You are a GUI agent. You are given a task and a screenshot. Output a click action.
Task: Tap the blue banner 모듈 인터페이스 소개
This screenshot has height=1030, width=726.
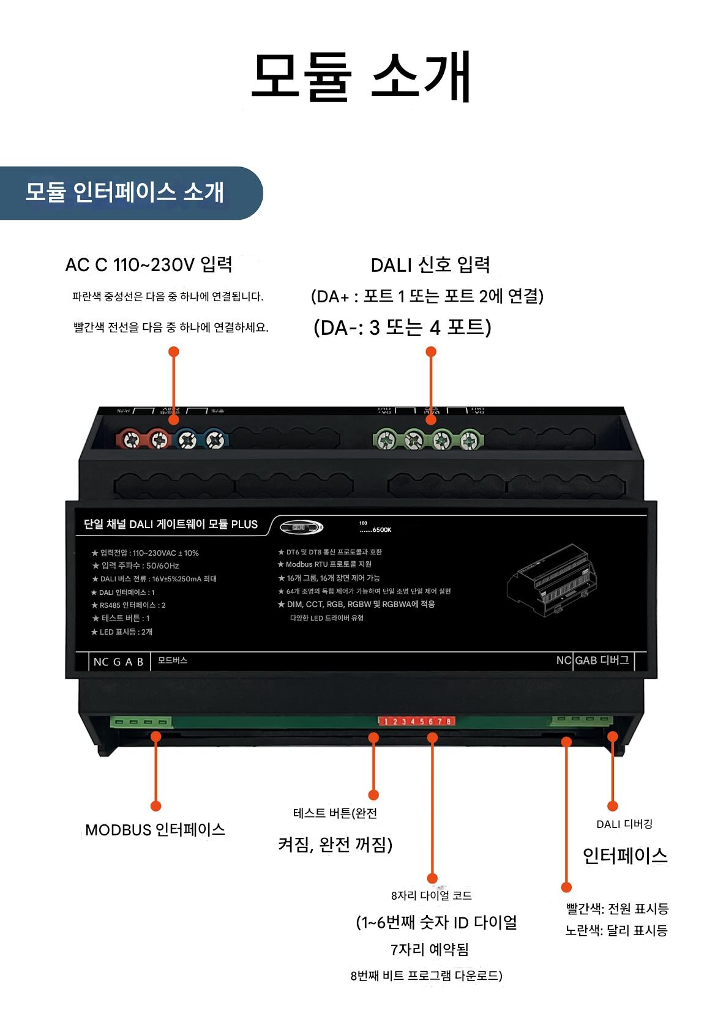125,192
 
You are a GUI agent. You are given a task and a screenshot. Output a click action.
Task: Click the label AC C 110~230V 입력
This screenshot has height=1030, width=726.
149,264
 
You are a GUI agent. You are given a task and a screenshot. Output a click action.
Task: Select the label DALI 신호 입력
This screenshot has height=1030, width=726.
430,264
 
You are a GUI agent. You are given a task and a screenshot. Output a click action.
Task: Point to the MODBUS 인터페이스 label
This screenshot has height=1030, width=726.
155,830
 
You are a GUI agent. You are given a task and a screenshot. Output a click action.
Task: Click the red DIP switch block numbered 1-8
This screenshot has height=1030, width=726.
417,722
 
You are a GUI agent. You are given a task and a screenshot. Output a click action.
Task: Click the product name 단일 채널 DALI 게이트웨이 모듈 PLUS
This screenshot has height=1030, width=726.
171,524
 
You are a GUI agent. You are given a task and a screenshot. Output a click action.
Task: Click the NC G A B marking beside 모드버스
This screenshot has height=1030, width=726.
118,662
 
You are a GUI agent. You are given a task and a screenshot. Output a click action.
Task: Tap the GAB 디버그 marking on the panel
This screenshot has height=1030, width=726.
602,661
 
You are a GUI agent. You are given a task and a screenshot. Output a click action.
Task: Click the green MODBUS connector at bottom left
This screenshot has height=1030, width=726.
140,723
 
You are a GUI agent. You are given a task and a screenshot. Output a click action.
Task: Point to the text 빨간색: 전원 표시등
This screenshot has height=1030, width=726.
616,909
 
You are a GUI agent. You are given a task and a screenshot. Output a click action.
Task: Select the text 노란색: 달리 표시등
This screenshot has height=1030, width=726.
616,931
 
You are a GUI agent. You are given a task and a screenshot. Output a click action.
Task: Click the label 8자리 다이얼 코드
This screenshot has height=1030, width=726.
432,895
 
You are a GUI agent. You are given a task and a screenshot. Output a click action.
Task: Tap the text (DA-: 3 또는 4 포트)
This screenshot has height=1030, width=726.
402,328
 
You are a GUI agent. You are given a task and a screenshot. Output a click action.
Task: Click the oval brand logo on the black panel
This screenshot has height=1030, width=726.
301,528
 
